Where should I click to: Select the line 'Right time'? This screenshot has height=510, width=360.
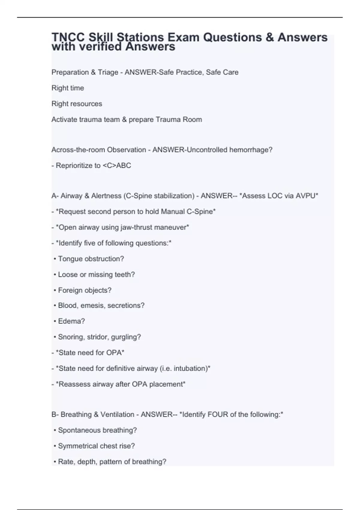tap(68, 88)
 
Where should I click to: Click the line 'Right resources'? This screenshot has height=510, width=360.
tap(77, 104)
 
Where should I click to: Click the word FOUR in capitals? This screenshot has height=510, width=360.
tap(217, 415)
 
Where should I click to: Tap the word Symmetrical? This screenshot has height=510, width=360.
tap(76, 446)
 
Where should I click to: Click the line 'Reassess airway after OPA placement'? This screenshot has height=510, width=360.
tap(120, 384)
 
